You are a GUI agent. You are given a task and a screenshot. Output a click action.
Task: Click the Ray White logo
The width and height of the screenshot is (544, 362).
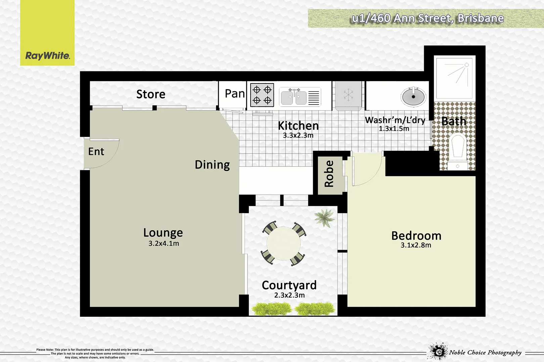coord(47,55)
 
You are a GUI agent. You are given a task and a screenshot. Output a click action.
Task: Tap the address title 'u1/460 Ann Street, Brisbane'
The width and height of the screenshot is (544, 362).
coord(427,18)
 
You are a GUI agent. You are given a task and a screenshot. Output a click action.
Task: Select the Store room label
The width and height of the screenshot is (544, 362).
coord(151,94)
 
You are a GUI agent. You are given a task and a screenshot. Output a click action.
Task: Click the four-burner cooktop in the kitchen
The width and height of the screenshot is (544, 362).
coord(262,95)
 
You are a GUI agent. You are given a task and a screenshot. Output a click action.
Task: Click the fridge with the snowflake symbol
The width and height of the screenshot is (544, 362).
coord(348,96)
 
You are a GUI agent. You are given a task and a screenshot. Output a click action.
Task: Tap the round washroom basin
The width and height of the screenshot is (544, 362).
coord(413,97)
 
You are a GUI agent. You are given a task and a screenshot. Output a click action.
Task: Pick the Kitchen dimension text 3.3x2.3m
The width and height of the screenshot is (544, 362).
coord(298,135)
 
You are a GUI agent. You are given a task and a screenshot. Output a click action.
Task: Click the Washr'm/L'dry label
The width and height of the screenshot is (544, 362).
coord(395,120)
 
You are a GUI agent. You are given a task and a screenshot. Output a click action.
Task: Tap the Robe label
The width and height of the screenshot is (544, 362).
coord(329,174)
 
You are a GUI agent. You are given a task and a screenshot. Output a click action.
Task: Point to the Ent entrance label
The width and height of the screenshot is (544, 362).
coord(96,152)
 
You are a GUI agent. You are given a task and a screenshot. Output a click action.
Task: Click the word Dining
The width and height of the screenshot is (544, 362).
coord(212,165)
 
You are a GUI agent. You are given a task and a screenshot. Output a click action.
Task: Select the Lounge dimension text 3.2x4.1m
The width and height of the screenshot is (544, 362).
coord(164,244)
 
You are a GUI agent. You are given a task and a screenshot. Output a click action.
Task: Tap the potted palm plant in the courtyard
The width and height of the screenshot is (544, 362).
coord(324,218)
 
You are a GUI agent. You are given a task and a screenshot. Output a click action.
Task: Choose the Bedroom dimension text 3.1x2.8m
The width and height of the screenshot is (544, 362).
coord(416,245)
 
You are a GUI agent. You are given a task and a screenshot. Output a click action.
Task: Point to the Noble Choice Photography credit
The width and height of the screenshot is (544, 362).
coord(485,352)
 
